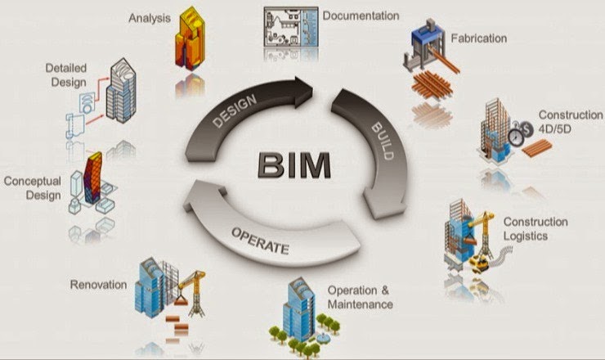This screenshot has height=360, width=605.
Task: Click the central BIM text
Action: point(295,164)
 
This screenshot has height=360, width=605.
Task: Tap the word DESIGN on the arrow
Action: point(235,108)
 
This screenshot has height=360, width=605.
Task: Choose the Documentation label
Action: point(361,16)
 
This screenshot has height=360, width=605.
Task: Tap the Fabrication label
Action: point(478,38)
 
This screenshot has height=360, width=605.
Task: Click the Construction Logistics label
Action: point(536,229)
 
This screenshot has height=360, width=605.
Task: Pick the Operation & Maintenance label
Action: point(360,298)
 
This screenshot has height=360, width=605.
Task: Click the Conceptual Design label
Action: point(32,187)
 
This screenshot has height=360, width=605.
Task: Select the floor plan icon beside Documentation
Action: point(289,30)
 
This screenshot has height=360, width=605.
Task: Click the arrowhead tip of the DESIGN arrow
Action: point(315,85)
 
